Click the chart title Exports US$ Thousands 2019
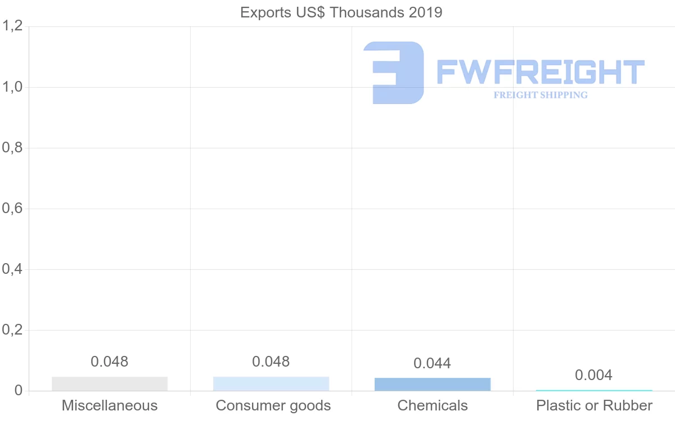pos(341,12)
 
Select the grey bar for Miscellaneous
pos(110,383)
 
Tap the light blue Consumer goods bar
pos(271,383)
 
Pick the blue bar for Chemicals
pos(433,384)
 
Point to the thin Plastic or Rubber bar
pos(594,390)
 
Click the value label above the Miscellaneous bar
pos(110,362)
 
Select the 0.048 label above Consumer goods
pos(271,362)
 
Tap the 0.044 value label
pos(433,363)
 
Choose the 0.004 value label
pos(594,375)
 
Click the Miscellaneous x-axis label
pos(110,405)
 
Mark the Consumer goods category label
pos(273,405)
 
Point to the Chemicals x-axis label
pos(433,405)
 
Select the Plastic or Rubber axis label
pos(595,405)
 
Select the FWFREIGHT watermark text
pos(540,73)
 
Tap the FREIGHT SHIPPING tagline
pos(541,95)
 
